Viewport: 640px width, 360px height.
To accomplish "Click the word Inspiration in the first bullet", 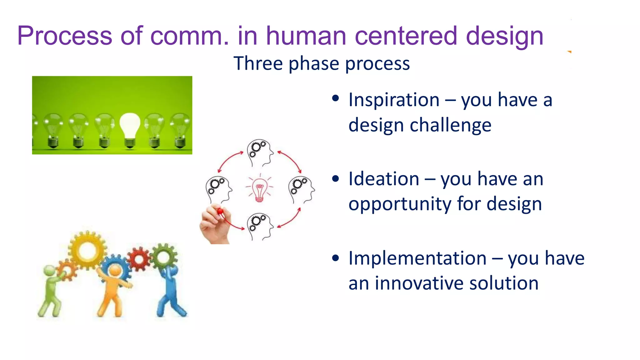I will [394, 100].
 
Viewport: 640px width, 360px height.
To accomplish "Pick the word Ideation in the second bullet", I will [383, 179].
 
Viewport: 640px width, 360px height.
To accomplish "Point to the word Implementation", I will [417, 258].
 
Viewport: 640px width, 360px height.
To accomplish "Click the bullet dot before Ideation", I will [336, 178].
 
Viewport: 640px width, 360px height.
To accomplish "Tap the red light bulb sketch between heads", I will [259, 188].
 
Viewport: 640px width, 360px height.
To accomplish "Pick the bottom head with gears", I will [259, 226].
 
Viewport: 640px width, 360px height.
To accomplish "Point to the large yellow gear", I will [87, 250].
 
